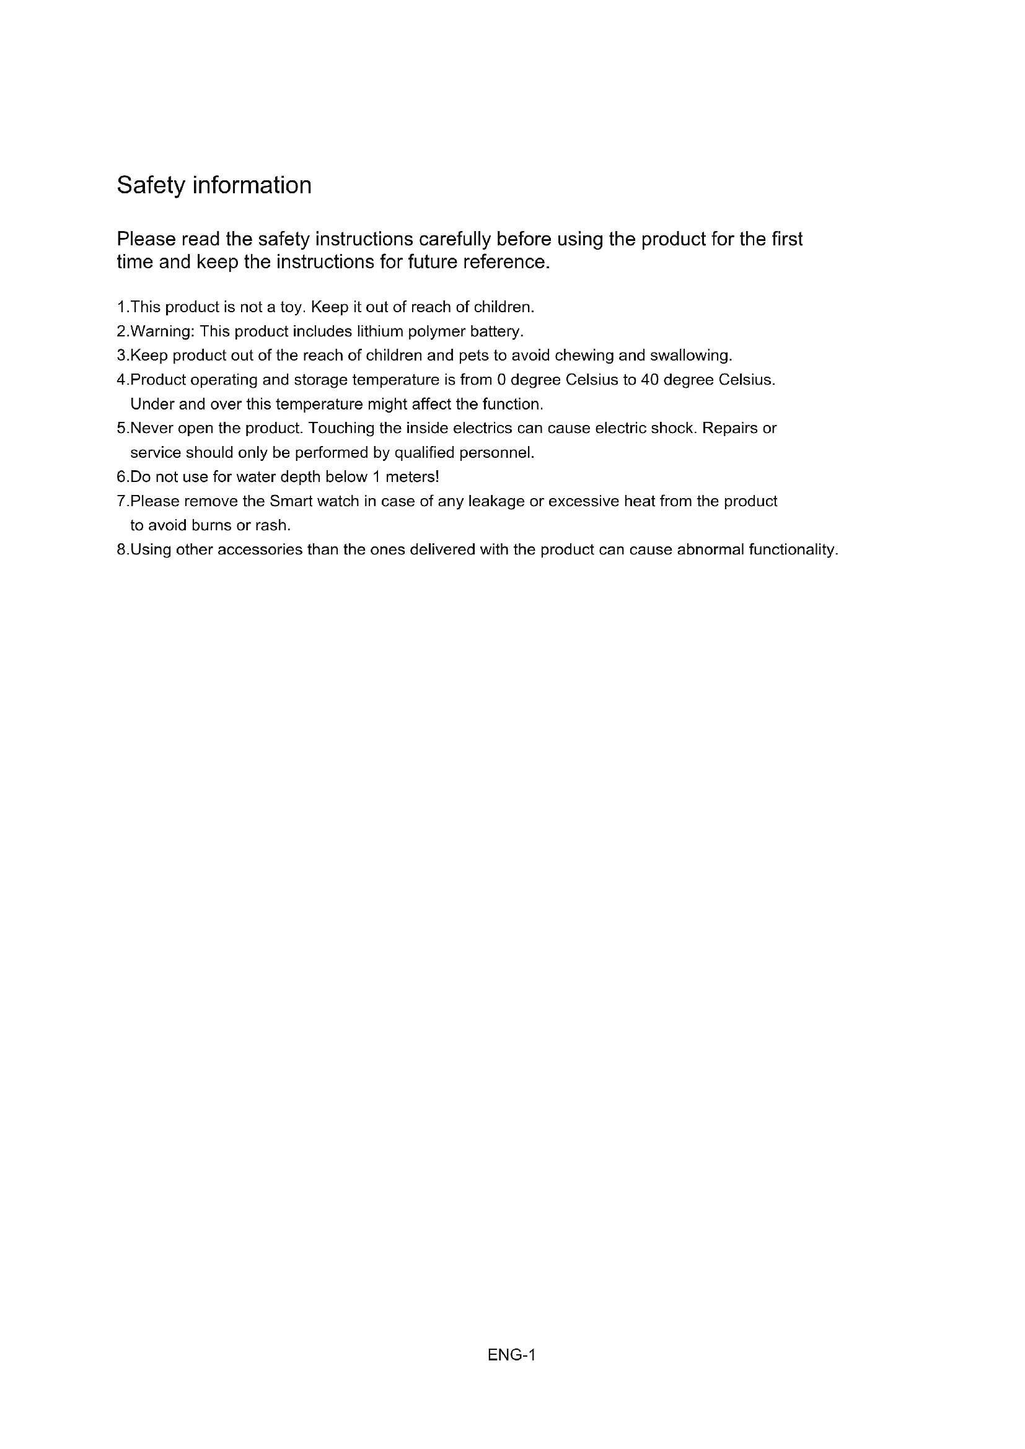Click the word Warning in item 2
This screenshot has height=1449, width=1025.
[162, 332]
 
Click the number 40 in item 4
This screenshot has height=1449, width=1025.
[649, 380]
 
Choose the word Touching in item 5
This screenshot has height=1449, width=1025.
[339, 429]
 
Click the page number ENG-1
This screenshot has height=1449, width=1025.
[511, 1355]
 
